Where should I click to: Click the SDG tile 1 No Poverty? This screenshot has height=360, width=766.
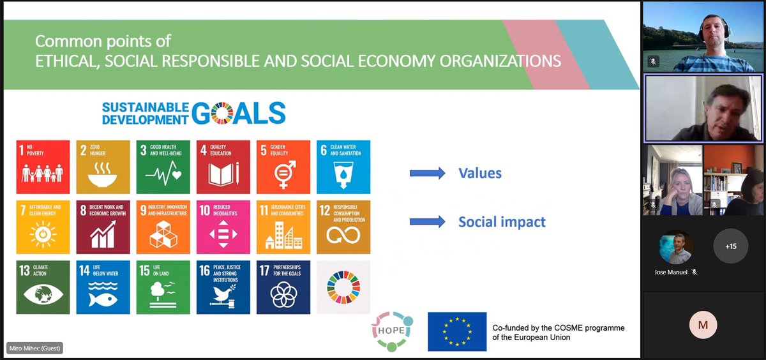pyautogui.click(x=43, y=167)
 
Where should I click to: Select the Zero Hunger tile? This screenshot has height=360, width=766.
pyautogui.click(x=103, y=167)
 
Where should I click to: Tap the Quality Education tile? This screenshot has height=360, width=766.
pyautogui.click(x=223, y=167)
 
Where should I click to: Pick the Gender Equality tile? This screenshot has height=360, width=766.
pyautogui.click(x=283, y=167)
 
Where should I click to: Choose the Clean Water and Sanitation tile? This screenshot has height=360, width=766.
pyautogui.click(x=343, y=167)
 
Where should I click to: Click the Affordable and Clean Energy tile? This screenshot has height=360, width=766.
pyautogui.click(x=43, y=227)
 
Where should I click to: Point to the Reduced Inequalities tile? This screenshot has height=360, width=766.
pyautogui.click(x=223, y=227)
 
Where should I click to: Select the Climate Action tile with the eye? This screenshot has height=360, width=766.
pyautogui.click(x=43, y=287)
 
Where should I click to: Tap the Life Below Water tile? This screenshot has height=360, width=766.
pyautogui.click(x=103, y=287)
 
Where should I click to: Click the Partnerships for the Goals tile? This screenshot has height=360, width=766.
pyautogui.click(x=283, y=287)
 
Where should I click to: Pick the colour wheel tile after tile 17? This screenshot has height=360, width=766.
pyautogui.click(x=343, y=287)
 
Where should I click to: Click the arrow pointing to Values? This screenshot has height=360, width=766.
pyautogui.click(x=426, y=173)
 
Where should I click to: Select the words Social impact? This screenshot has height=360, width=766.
pyautogui.click(x=502, y=222)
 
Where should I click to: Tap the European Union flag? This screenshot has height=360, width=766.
pyautogui.click(x=457, y=331)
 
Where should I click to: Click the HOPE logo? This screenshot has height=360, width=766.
pyautogui.click(x=394, y=331)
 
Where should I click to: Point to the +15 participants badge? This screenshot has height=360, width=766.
pyautogui.click(x=730, y=246)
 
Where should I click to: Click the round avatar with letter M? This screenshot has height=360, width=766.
pyautogui.click(x=703, y=325)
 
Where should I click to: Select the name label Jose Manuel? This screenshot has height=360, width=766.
pyautogui.click(x=673, y=271)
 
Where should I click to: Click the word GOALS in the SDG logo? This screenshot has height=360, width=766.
pyautogui.click(x=238, y=112)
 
